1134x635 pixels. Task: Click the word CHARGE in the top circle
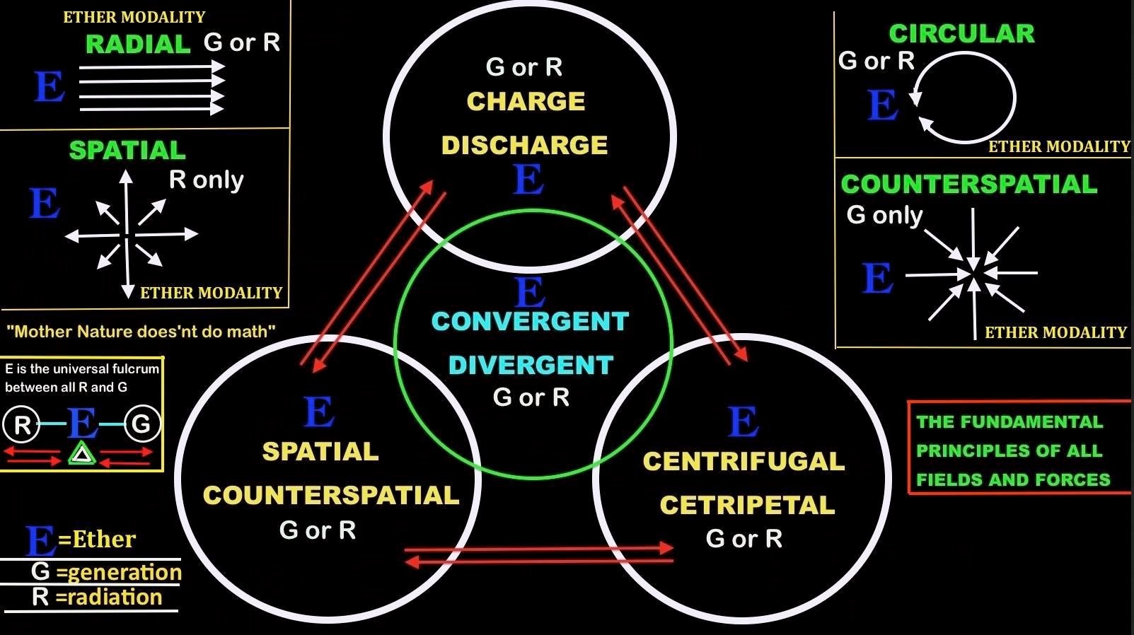tap(526, 102)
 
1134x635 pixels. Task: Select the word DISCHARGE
tap(524, 146)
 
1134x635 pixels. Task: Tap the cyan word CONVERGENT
tap(530, 322)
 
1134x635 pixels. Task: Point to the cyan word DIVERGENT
tap(531, 366)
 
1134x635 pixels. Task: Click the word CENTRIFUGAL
tap(744, 462)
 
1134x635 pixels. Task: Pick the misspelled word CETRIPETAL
tap(747, 506)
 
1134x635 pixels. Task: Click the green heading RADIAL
tap(138, 45)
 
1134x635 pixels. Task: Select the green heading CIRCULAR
tap(961, 34)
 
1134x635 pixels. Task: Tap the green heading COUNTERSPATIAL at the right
tap(968, 185)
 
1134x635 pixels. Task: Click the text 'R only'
tap(206, 180)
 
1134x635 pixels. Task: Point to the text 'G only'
tap(884, 215)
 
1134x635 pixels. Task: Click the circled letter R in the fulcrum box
tap(21, 424)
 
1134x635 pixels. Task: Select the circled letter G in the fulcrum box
tap(142, 424)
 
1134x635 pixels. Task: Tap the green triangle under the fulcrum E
tap(82, 454)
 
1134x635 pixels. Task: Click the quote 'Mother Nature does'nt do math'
tap(141, 332)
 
